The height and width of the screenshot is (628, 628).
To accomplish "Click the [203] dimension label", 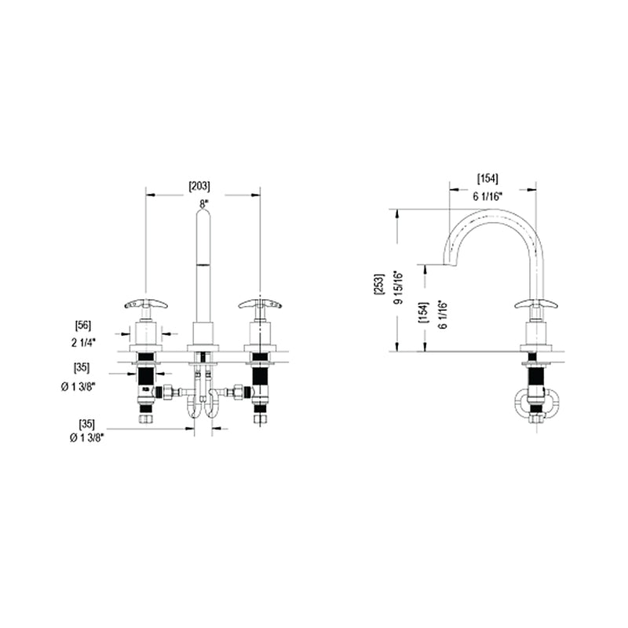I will point(199,186).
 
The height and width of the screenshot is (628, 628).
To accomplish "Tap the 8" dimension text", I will point(203,203).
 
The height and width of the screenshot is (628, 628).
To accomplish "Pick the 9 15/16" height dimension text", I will point(398,287).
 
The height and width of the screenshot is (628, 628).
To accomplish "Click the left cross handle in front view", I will point(145,303).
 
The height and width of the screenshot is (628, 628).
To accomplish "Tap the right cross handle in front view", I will point(260,303).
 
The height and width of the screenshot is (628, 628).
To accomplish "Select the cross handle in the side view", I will point(535,304).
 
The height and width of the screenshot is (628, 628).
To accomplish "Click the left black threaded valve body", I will point(145,381).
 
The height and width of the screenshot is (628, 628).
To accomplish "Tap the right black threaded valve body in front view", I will point(260,381).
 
